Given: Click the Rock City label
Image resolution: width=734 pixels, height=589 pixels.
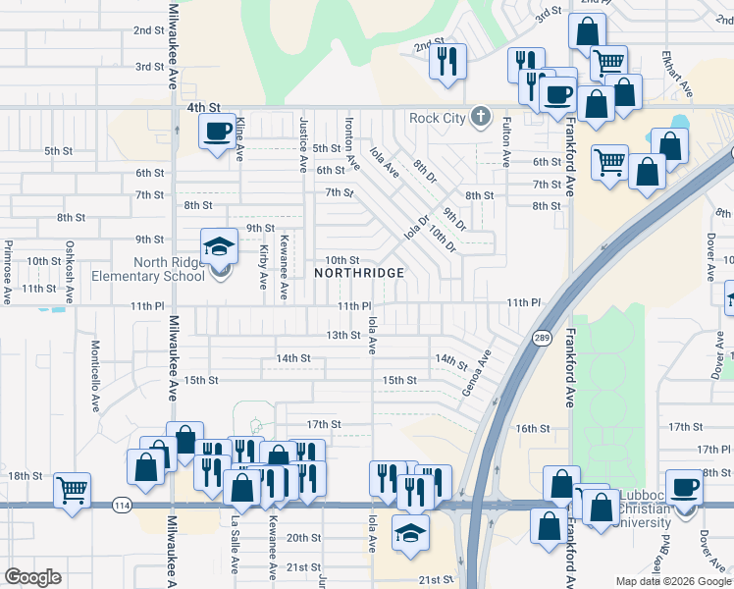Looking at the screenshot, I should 437,119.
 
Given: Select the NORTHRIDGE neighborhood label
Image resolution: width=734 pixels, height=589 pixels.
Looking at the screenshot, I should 359,272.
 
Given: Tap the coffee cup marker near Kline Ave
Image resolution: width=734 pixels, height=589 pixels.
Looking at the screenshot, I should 217,131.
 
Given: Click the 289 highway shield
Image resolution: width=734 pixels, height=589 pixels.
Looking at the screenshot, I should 542,338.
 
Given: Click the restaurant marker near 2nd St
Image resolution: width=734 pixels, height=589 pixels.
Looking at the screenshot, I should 447,61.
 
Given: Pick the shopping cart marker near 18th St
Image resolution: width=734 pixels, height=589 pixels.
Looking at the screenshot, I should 72,489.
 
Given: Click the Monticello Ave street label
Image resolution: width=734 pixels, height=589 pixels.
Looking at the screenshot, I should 96,362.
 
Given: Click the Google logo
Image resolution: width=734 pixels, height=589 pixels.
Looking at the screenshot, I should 33,577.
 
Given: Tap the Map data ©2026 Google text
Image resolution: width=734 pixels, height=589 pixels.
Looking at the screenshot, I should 672,581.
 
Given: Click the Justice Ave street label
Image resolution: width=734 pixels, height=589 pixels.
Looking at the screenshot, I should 303,143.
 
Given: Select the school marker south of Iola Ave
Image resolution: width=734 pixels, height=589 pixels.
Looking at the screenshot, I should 411,531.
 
